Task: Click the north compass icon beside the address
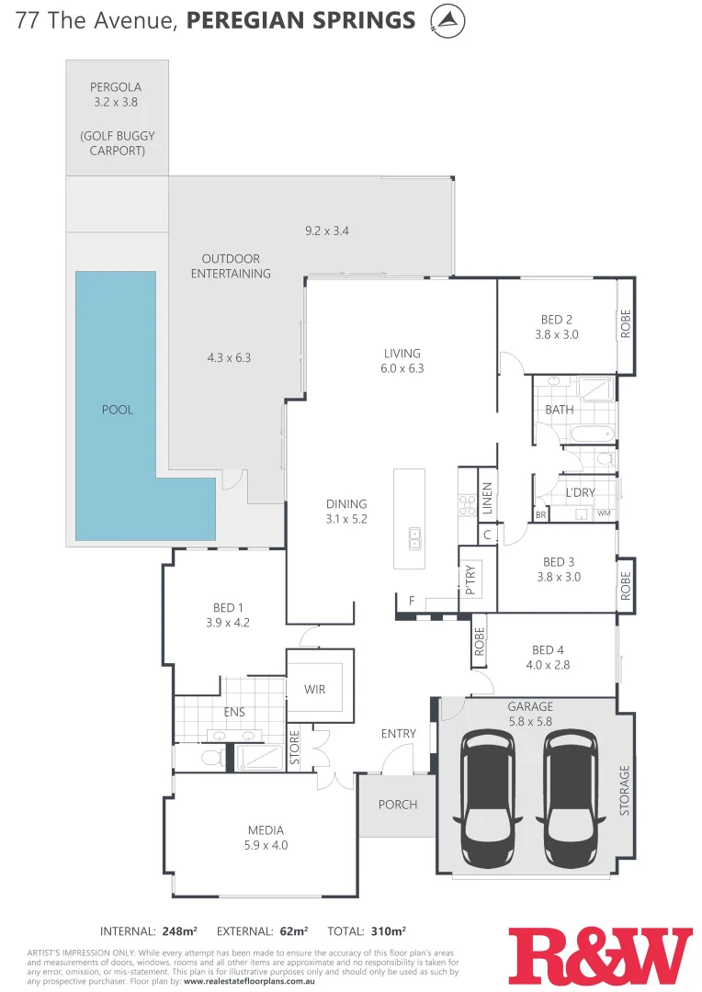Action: click(x=447, y=20)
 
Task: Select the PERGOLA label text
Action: click(x=116, y=87)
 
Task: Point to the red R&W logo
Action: click(x=599, y=955)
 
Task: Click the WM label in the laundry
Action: click(x=604, y=513)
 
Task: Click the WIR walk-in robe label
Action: click(x=314, y=690)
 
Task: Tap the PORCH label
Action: click(x=398, y=805)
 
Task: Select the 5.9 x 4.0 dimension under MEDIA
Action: click(x=265, y=845)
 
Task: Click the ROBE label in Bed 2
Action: click(x=626, y=323)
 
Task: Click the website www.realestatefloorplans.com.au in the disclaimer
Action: click(x=263, y=980)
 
